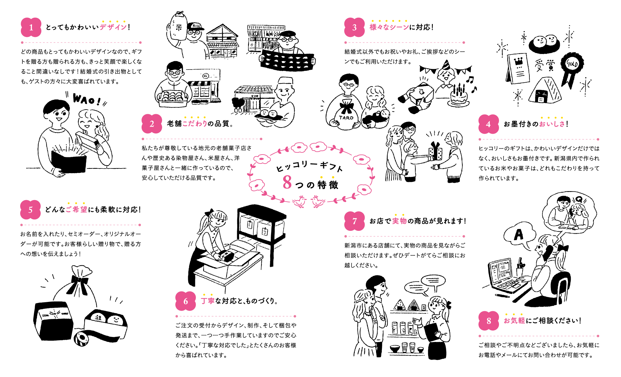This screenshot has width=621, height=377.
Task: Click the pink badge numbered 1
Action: pos(31,27)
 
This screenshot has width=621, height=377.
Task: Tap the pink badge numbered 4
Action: pos(488,124)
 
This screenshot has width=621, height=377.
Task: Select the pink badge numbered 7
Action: pos(354,221)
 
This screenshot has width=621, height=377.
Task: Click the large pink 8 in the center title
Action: pos(287,182)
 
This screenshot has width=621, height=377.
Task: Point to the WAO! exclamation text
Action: pos(87,100)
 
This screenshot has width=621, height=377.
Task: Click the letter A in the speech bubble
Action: pos(518,235)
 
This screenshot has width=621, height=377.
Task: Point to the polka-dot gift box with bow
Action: pos(435,152)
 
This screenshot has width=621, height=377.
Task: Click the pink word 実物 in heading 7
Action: pos(399,221)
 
